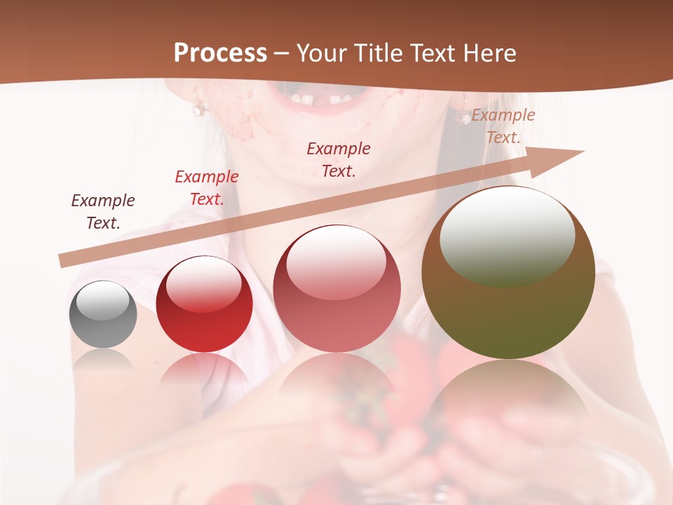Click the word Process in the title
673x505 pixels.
pyautogui.click(x=220, y=53)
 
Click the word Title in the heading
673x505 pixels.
pyautogui.click(x=376, y=53)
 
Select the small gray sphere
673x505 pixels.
pyautogui.click(x=103, y=315)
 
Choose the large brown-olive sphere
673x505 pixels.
pyautogui.click(x=508, y=273)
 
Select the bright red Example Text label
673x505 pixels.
pyautogui.click(x=207, y=188)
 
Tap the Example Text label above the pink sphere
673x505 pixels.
pyautogui.click(x=339, y=159)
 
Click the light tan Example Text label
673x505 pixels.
pyautogui.click(x=503, y=126)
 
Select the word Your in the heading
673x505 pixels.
pyautogui.click(x=320, y=53)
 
